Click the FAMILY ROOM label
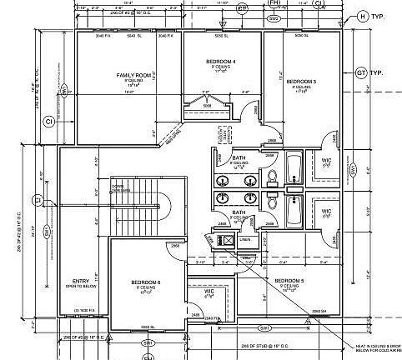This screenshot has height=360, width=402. pyautogui.click(x=133, y=76)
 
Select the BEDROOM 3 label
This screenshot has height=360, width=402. pyautogui.click(x=300, y=82)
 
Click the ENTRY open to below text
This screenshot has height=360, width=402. pyautogui.click(x=81, y=283)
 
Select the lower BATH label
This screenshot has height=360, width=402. pyautogui.click(x=239, y=212)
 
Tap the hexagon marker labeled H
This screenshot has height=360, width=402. pyautogui.click(x=362, y=16)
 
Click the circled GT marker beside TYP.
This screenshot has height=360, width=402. pyautogui.click(x=362, y=72)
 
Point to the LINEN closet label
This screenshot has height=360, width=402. pyautogui.click(x=244, y=240)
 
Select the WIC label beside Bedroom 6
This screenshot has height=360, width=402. pyautogui.click(x=210, y=292)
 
